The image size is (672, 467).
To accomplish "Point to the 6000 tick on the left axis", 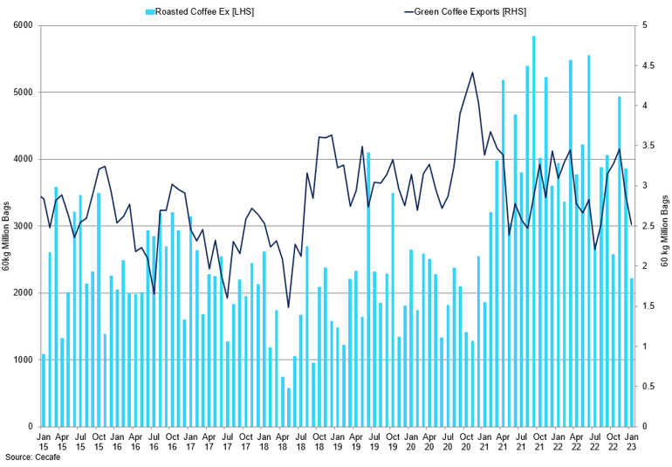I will pyautogui.click(x=21, y=25).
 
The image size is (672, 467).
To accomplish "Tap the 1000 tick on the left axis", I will pyautogui.click(x=21, y=360).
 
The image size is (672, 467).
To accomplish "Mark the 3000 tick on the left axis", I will pyautogui.click(x=21, y=226).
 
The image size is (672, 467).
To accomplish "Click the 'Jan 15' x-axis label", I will pyautogui.click(x=44, y=439).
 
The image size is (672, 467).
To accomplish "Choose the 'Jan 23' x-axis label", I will pyautogui.click(x=630, y=439).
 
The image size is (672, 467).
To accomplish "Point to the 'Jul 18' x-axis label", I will pyautogui.click(x=300, y=439).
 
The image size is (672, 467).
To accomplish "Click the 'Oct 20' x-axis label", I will pyautogui.click(x=465, y=439).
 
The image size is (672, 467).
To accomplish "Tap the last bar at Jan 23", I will pyautogui.click(x=630, y=352).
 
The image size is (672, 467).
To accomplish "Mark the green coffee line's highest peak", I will pyautogui.click(x=472, y=72).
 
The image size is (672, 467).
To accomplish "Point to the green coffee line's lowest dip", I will pyautogui.click(x=288, y=307).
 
